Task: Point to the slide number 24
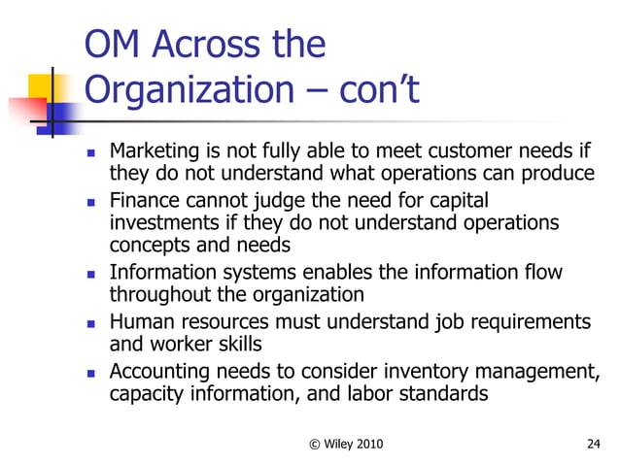click(595, 444)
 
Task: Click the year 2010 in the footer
click(364, 444)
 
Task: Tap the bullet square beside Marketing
click(90, 153)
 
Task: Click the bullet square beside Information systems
click(90, 275)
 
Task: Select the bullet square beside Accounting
click(90, 372)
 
